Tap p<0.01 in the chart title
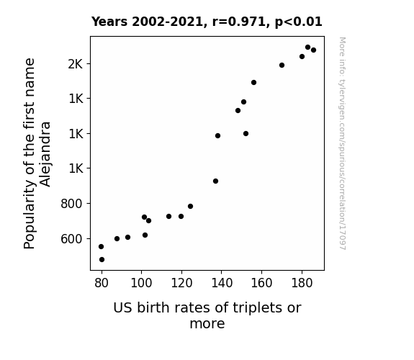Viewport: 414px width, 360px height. coord(298,22)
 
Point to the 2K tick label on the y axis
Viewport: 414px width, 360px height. coord(76,64)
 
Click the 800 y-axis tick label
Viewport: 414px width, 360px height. coord(71,204)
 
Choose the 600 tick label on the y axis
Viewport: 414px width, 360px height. coord(71,239)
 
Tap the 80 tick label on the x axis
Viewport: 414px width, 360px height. coord(102,283)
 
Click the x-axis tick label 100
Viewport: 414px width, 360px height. coord(142,283)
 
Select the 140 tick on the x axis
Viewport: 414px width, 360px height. coord(222,283)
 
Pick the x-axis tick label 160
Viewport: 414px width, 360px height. coord(261,283)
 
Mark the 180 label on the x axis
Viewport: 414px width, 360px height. coord(302,283)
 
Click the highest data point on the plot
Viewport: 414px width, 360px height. coord(307,48)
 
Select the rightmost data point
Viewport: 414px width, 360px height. coord(313,50)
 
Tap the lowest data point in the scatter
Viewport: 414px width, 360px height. coord(102,260)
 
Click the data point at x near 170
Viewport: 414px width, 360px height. coord(282,66)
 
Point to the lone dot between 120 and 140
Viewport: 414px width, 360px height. coord(190,207)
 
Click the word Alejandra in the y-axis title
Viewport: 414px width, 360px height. coord(45,154)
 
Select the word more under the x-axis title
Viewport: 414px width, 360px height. coord(207,324)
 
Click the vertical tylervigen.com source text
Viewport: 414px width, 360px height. coord(342,143)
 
